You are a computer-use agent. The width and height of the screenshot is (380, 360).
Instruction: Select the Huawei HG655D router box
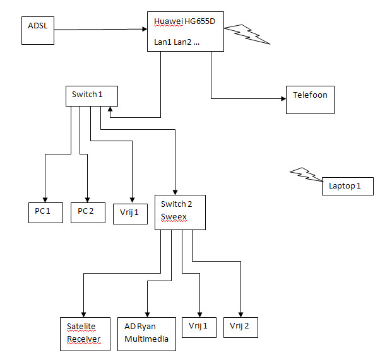click(186, 32)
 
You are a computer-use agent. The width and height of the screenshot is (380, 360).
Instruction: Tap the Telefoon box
click(310, 100)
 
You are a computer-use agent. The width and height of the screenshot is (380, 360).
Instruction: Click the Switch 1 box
click(92, 96)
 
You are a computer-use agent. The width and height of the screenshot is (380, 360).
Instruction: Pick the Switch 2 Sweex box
click(180, 212)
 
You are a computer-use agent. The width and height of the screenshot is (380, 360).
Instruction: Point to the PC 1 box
click(45, 212)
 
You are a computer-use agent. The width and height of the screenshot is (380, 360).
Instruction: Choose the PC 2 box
click(87, 212)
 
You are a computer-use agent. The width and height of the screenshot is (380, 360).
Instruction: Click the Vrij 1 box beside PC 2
click(130, 213)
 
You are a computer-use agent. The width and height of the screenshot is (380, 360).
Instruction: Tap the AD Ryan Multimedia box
click(146, 334)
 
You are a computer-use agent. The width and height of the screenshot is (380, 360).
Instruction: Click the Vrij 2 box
click(240, 327)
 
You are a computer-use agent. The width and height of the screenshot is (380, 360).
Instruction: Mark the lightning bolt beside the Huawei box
click(247, 34)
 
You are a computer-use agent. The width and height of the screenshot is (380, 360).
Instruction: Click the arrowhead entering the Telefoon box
click(283, 98)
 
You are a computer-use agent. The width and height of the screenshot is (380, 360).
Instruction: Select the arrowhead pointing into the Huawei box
click(143, 28)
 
